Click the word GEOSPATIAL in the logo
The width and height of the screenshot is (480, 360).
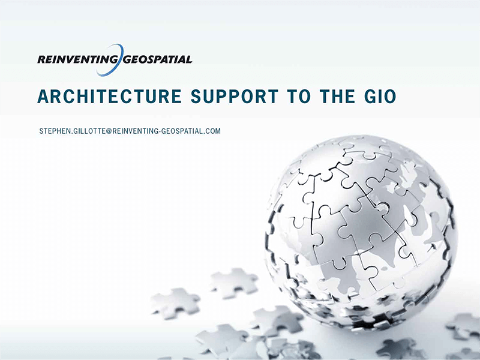[x=157, y=59]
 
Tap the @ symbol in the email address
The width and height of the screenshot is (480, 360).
[x=109, y=131]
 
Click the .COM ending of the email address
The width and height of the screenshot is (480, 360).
[x=212, y=131]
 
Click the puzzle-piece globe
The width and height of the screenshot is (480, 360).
[x=360, y=234]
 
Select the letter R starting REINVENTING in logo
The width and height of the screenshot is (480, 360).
[x=40, y=59]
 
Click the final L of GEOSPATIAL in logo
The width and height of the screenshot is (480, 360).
[x=189, y=59]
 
